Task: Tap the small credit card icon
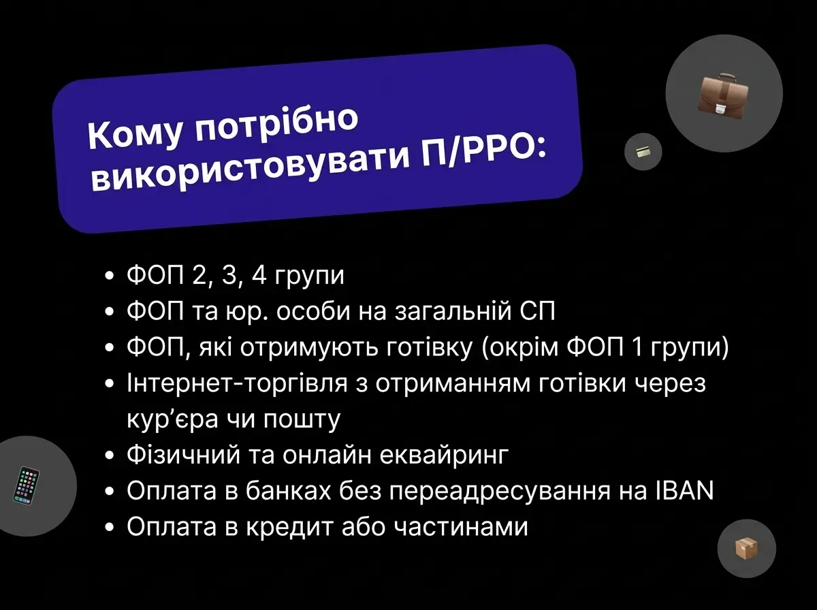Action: coord(643,152)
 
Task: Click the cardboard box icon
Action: coord(746,548)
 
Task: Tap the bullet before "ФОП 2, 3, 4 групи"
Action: coord(110,278)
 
